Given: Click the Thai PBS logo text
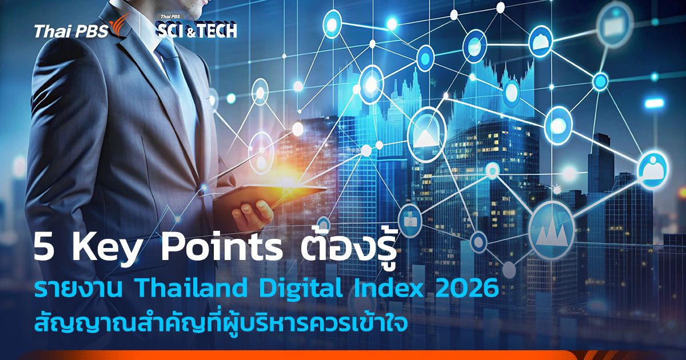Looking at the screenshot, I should (x=70, y=32).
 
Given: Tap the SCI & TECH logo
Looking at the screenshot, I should (x=196, y=29).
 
